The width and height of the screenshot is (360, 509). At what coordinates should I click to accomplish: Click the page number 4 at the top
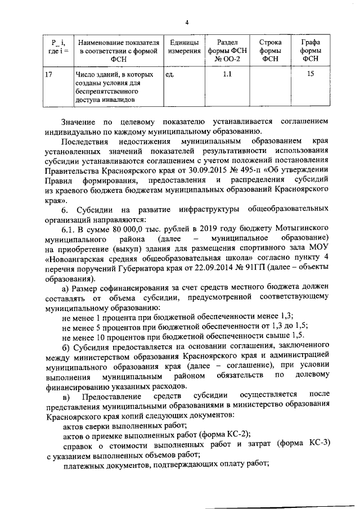pyautogui.click(x=187, y=22)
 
